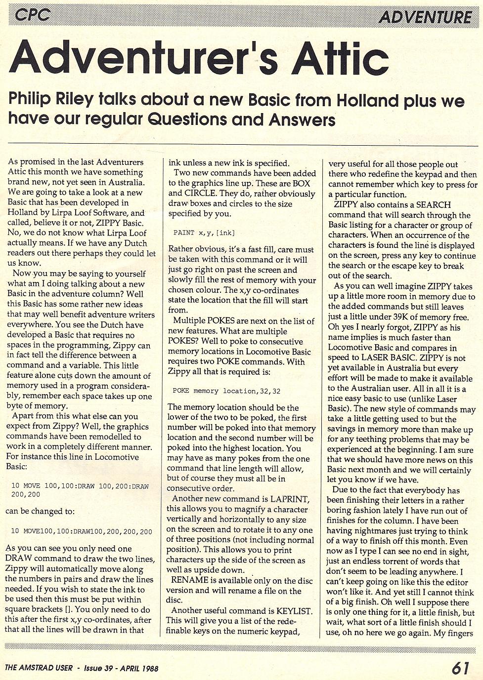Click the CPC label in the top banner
click(x=32, y=15)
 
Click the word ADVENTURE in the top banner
click(x=425, y=17)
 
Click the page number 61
click(x=460, y=668)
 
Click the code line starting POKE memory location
click(x=226, y=391)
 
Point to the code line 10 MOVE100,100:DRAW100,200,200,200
click(x=82, y=531)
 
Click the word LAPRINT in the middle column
click(x=289, y=499)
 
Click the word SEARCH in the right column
click(x=434, y=204)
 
